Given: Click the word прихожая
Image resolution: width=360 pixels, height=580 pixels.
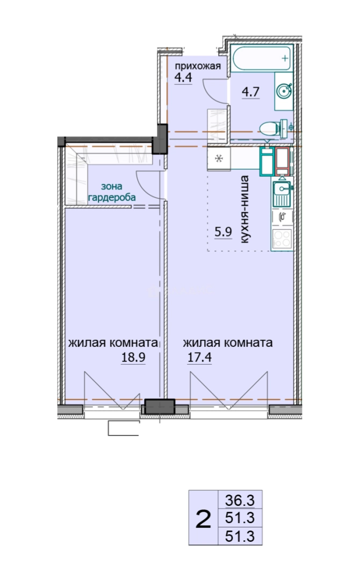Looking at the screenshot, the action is coord(198,66).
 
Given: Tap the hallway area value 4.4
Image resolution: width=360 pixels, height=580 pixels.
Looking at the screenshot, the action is coord(183,78).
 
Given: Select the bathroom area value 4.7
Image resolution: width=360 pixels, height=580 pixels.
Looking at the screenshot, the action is coord(250,91).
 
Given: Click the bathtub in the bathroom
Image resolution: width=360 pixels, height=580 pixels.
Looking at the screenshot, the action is coord(262,58).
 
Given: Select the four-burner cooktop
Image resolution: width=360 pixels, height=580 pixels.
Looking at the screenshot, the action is coord(282,239).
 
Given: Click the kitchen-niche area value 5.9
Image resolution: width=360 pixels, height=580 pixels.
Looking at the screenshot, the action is coord(224,232).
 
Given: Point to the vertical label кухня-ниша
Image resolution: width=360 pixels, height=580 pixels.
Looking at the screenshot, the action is coord(244,209).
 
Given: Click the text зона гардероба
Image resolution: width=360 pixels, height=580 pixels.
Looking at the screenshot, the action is coord(112,192).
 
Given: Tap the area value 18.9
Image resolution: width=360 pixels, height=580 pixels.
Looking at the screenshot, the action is coord(133,357).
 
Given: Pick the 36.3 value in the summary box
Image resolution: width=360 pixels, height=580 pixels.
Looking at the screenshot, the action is coord(240,501).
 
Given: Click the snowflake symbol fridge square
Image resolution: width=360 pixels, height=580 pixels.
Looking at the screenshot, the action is coord(219,159).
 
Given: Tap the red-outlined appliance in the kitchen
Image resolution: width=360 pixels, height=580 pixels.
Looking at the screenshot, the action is coord(283,161).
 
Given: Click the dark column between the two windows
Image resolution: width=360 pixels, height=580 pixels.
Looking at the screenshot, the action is coord(159,406).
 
